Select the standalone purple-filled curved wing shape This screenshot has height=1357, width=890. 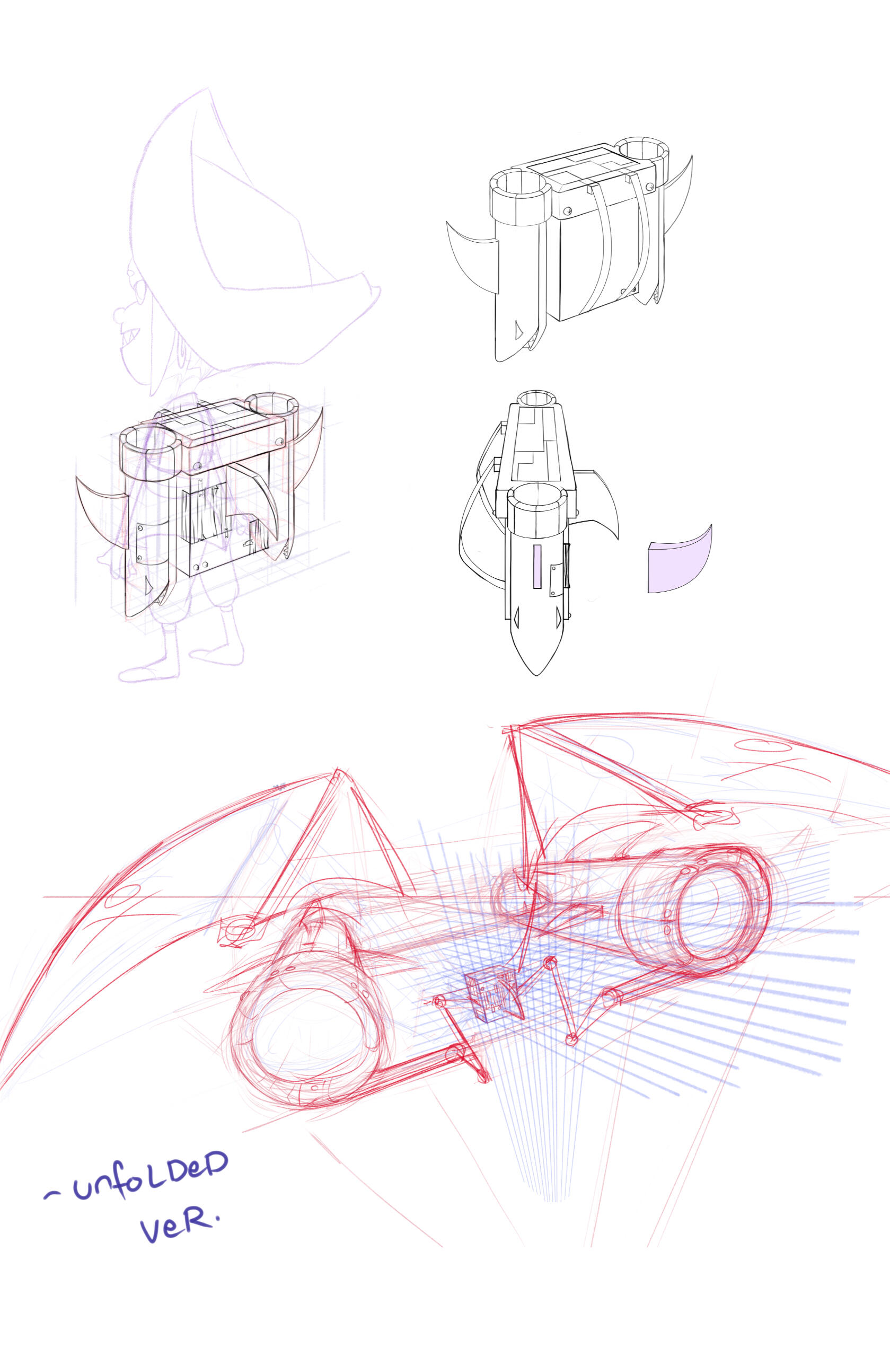point(679,559)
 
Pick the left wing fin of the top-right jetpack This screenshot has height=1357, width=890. point(473,259)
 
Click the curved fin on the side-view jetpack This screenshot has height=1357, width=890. point(598,502)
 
